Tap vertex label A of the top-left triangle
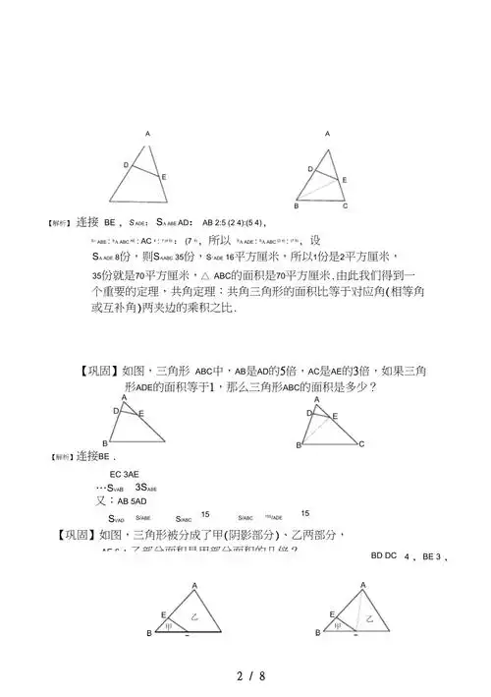tap(148, 134)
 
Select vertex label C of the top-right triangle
tap(345, 206)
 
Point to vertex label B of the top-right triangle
tap(297, 206)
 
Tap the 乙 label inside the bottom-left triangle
tap(194, 616)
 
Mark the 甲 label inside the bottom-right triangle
tap(339, 624)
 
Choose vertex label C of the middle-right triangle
tap(361, 444)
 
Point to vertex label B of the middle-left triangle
tap(106, 443)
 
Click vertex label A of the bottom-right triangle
tap(363, 585)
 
